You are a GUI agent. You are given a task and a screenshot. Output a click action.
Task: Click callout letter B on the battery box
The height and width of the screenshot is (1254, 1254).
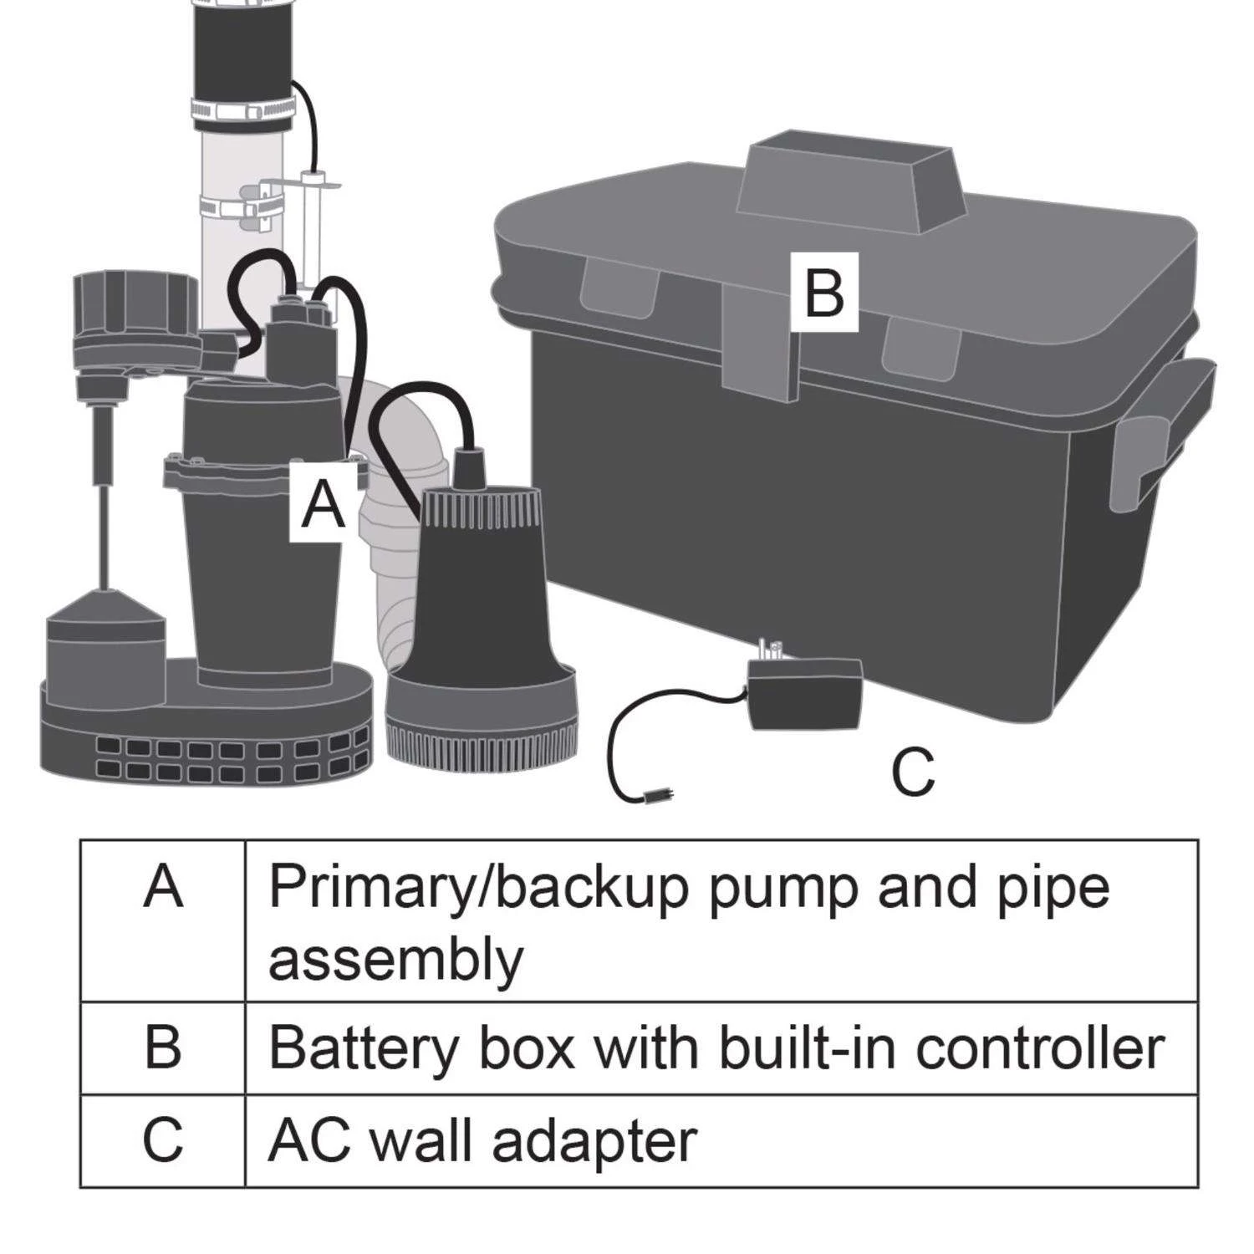(x=824, y=293)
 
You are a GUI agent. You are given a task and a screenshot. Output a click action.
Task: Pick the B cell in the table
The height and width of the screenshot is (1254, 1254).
(x=163, y=1047)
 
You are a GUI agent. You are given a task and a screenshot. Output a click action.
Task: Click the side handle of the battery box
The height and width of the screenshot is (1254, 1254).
(x=1162, y=435)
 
